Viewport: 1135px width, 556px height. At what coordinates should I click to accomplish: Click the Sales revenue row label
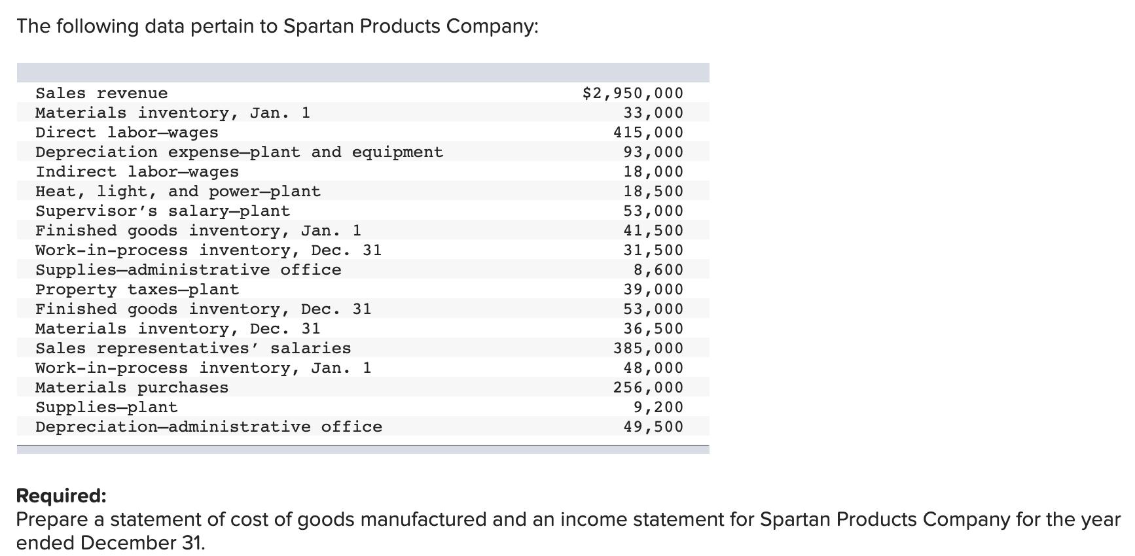[x=101, y=94]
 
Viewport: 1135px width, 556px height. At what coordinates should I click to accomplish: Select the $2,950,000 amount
[x=632, y=94]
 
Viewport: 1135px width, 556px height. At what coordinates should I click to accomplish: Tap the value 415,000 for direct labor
[x=648, y=133]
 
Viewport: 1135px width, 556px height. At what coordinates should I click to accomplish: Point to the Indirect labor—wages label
[x=137, y=172]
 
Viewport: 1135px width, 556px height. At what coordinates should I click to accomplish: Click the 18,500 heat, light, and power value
[x=653, y=192]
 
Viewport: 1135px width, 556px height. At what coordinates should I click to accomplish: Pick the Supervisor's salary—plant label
[x=162, y=211]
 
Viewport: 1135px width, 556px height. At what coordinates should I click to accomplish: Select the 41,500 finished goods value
[x=653, y=231]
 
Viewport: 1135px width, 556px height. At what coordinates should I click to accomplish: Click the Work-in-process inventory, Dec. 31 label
[x=208, y=251]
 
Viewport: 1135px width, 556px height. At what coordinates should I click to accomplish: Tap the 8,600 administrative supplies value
[x=658, y=270]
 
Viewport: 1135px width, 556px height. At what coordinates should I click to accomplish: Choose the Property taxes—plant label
[x=137, y=290]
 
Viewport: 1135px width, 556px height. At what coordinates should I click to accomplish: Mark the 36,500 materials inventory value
[x=653, y=329]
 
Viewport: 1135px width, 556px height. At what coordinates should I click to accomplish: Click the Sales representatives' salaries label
[x=193, y=349]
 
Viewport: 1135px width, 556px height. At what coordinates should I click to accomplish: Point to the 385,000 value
[x=648, y=349]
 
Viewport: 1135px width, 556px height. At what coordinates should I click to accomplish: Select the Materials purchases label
[x=132, y=388]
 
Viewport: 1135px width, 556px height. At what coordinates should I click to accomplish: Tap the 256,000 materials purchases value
[x=648, y=388]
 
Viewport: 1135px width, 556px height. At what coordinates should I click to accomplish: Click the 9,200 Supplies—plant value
[x=658, y=408]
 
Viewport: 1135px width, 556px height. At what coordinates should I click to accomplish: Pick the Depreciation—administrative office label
[x=208, y=427]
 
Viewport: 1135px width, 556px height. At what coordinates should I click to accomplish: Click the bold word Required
[x=61, y=496]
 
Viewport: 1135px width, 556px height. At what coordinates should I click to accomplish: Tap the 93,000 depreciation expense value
[x=653, y=152]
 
